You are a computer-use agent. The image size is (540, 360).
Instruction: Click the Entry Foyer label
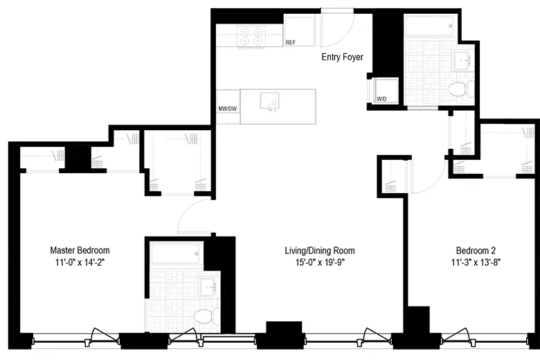click(343, 57)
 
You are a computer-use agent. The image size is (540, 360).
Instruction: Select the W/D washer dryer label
click(381, 99)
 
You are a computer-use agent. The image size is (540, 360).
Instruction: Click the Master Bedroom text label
click(80, 250)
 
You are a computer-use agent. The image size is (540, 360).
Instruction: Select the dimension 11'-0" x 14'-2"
click(80, 262)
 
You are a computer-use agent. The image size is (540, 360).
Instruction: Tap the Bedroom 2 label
click(476, 250)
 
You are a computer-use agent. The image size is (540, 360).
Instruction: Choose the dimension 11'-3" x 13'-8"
click(476, 262)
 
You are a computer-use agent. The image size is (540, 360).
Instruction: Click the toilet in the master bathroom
click(204, 317)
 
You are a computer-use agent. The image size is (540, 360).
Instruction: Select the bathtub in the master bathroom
click(176, 254)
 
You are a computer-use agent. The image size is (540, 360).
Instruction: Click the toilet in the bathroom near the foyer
click(457, 89)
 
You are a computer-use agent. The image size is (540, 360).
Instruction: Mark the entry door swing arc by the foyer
click(339, 28)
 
